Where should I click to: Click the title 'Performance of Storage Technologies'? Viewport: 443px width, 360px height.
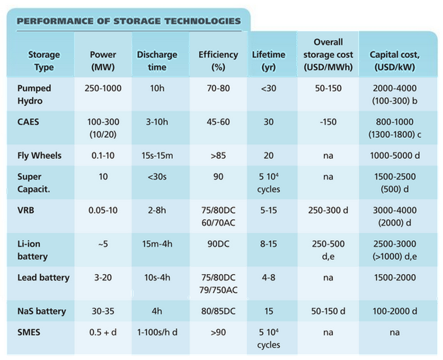(129, 21)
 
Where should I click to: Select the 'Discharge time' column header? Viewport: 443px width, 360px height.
(157, 61)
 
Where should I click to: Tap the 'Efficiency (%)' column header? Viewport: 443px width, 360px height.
(218, 61)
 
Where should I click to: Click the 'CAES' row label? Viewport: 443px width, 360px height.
(28, 122)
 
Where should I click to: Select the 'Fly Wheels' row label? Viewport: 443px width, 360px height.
(40, 155)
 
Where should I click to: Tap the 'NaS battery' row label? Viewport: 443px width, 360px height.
(42, 311)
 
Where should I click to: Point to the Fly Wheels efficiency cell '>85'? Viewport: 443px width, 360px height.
(218, 155)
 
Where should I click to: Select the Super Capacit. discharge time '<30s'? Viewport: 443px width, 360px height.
(157, 177)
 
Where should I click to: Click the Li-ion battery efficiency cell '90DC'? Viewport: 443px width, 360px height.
(218, 244)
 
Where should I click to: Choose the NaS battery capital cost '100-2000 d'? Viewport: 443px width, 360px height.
(395, 311)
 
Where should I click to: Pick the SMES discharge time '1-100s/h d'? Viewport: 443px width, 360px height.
(157, 333)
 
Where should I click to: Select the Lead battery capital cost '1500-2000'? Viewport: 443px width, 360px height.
(395, 277)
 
